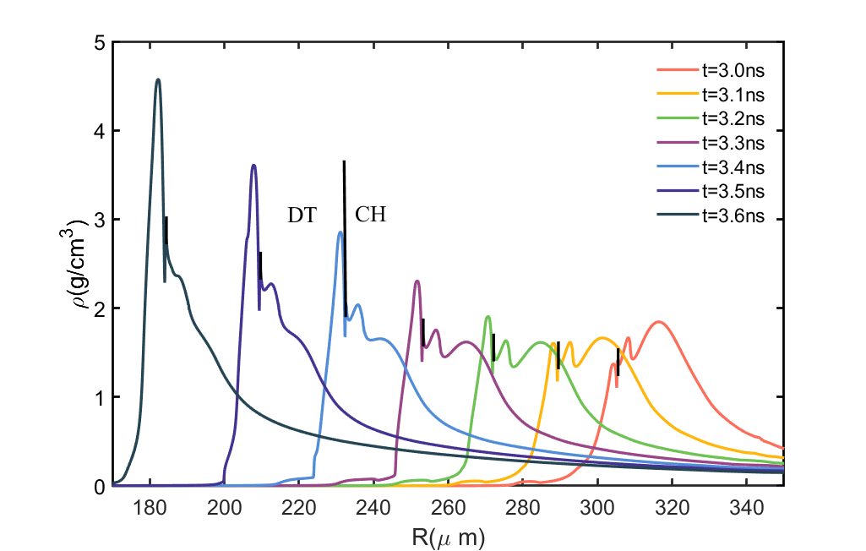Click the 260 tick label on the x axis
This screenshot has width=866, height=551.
point(449,509)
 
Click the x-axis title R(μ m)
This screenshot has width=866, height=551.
point(448,536)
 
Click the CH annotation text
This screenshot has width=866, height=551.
point(370,215)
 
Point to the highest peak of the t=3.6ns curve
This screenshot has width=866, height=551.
point(158,79)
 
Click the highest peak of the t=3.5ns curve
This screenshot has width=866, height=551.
point(253,166)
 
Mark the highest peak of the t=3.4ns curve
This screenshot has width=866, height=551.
point(340,232)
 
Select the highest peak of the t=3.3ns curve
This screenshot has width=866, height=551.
point(417,281)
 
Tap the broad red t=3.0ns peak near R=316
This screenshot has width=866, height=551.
point(658,322)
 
